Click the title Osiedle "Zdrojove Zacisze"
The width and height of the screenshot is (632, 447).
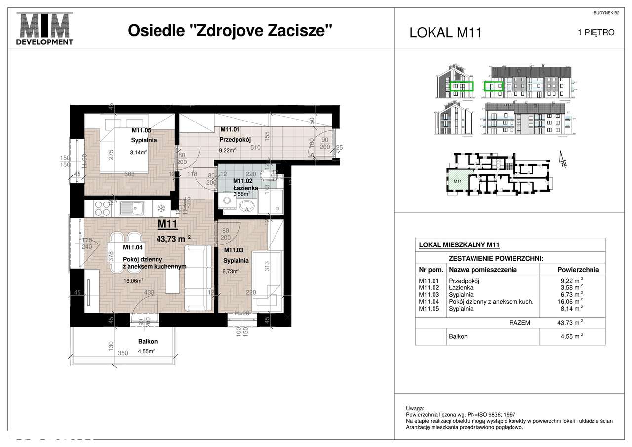tap(230, 31)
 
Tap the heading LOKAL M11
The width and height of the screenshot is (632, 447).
tap(445, 33)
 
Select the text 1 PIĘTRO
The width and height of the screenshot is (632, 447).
tap(596, 33)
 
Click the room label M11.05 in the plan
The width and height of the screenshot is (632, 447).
tap(141, 131)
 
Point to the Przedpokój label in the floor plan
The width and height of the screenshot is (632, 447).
tap(232, 140)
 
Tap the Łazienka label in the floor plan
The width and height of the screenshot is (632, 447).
tap(245, 188)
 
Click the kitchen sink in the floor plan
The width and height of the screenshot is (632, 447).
tap(133, 209)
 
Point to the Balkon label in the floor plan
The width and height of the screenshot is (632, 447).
tap(148, 341)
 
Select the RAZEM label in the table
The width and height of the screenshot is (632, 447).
tap(519, 323)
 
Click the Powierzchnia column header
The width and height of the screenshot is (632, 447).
tap(578, 270)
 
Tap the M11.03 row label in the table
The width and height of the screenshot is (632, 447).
tap(428, 294)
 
